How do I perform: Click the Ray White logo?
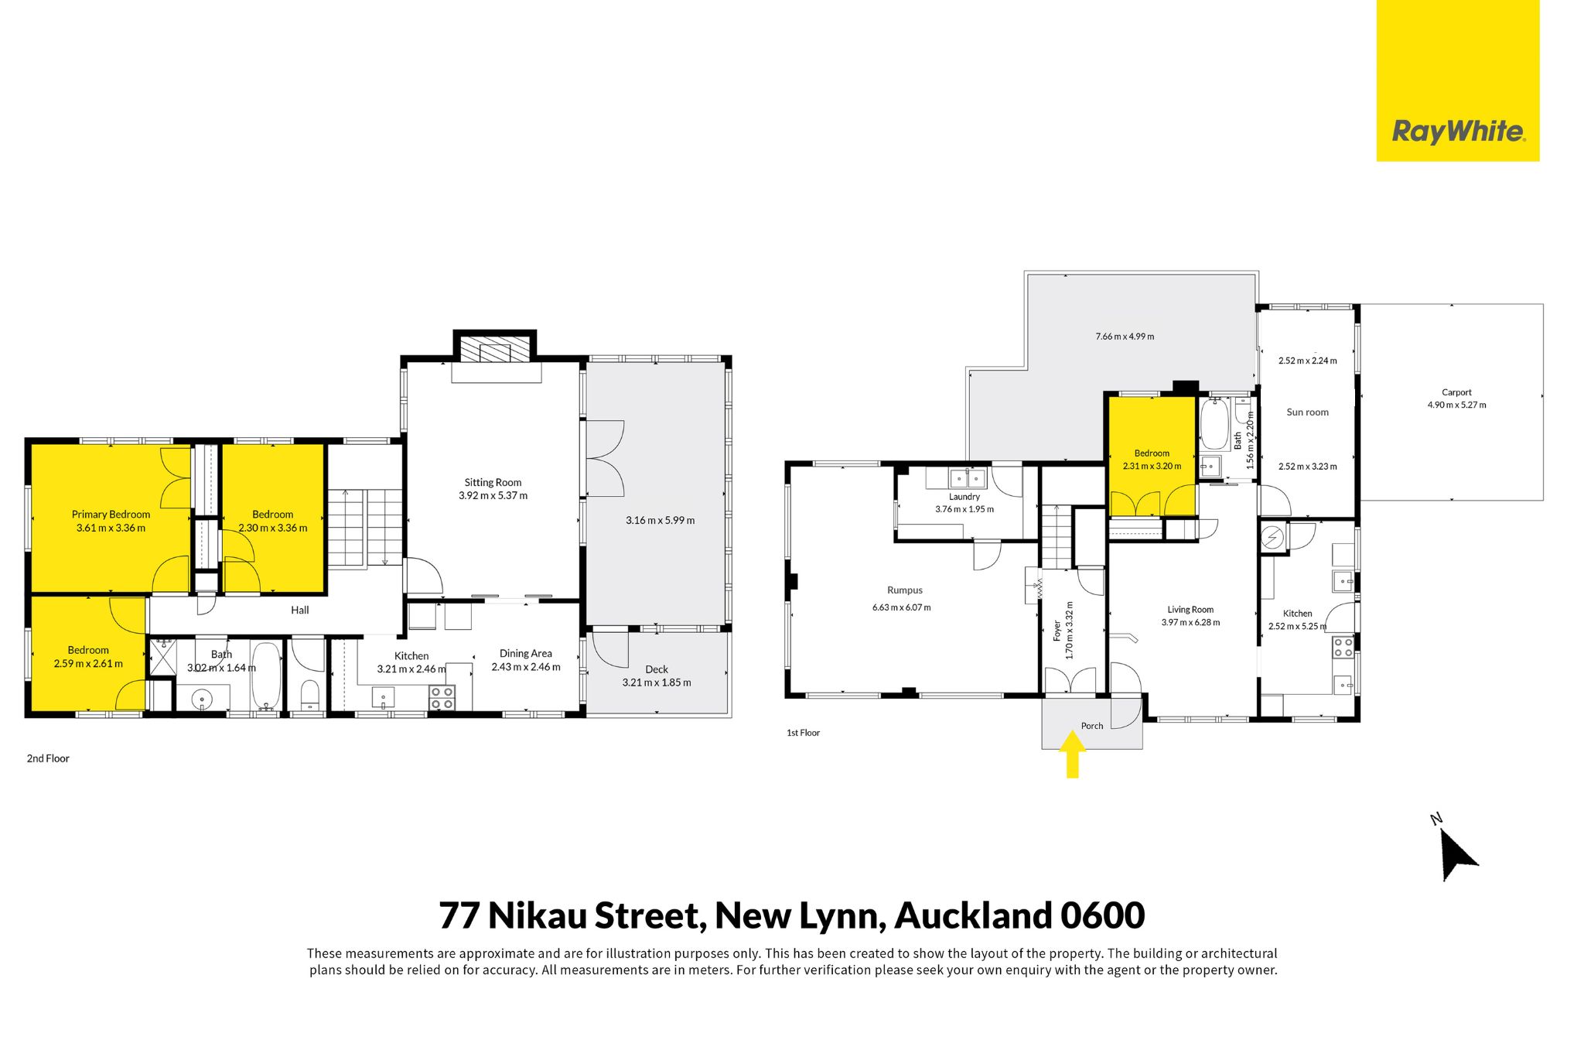point(1458,80)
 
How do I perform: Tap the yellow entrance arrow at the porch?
point(1072,754)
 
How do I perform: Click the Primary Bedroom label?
point(111,515)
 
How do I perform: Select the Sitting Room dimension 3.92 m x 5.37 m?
point(493,496)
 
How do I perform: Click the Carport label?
point(1456,392)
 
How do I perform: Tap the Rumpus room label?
point(905,590)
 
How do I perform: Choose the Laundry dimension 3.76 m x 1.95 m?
point(964,509)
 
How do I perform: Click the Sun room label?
point(1307,412)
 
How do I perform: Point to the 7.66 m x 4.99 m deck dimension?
point(1125,337)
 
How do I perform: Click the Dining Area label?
point(526,654)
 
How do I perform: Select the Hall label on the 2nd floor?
point(300,611)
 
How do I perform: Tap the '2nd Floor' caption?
point(48,759)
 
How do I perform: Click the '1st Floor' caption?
point(803,733)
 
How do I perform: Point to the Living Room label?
point(1190,610)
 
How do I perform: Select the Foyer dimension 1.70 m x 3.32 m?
point(1070,630)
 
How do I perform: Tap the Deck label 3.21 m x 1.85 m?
point(657,676)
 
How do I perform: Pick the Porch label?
point(1092,726)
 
